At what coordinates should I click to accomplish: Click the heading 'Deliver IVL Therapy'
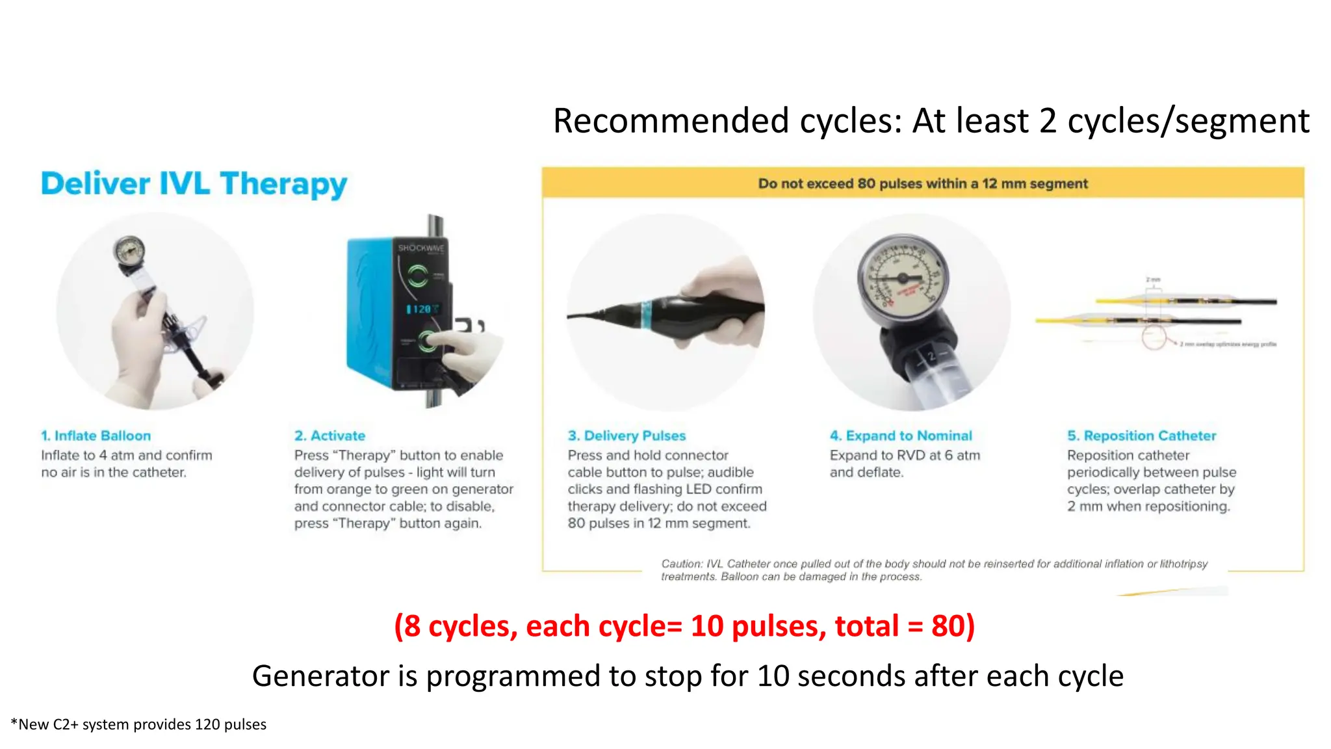point(194,184)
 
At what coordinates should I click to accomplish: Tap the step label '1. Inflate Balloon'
point(96,436)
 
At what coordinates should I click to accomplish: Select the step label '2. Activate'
point(330,436)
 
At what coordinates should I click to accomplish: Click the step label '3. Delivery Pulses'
point(627,436)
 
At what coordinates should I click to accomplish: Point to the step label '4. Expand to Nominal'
point(901,436)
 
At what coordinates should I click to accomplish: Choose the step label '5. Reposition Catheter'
point(1141,436)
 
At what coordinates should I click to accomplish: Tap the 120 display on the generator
point(422,309)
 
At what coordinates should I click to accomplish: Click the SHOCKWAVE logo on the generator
point(421,248)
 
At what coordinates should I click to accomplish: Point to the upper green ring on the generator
point(417,276)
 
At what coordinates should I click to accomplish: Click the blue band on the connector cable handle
point(647,314)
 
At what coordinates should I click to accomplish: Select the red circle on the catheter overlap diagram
point(1154,338)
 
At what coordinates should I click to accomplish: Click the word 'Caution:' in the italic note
point(682,564)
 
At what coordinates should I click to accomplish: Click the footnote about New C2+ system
point(138,724)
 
